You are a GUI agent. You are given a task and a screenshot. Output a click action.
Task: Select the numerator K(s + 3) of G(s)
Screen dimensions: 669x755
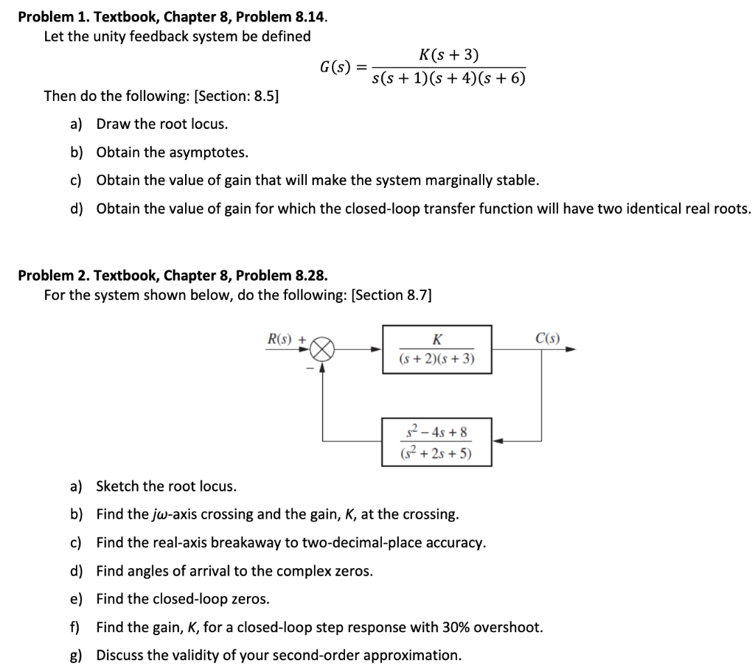448,54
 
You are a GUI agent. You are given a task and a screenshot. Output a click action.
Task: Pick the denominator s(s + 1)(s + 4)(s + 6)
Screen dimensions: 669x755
449,77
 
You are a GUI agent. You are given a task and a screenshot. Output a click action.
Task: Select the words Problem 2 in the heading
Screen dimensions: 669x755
49,276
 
